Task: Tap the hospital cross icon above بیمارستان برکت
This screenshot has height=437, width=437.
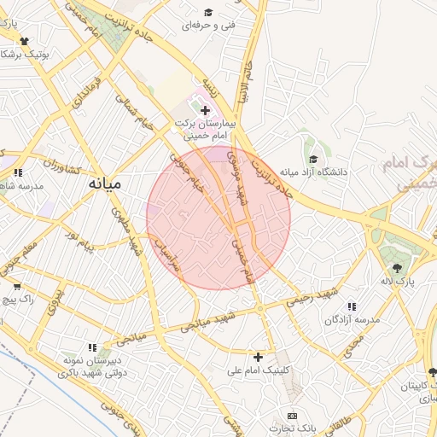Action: pyautogui.click(x=205, y=110)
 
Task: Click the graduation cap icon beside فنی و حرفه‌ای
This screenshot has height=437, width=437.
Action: pyautogui.click(x=208, y=12)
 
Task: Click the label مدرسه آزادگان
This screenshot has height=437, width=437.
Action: pyautogui.click(x=350, y=319)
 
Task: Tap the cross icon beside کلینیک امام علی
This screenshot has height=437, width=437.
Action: pyautogui.click(x=259, y=356)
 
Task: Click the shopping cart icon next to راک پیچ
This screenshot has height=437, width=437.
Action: pyautogui.click(x=16, y=287)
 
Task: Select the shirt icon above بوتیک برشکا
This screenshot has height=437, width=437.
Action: pyautogui.click(x=22, y=40)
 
